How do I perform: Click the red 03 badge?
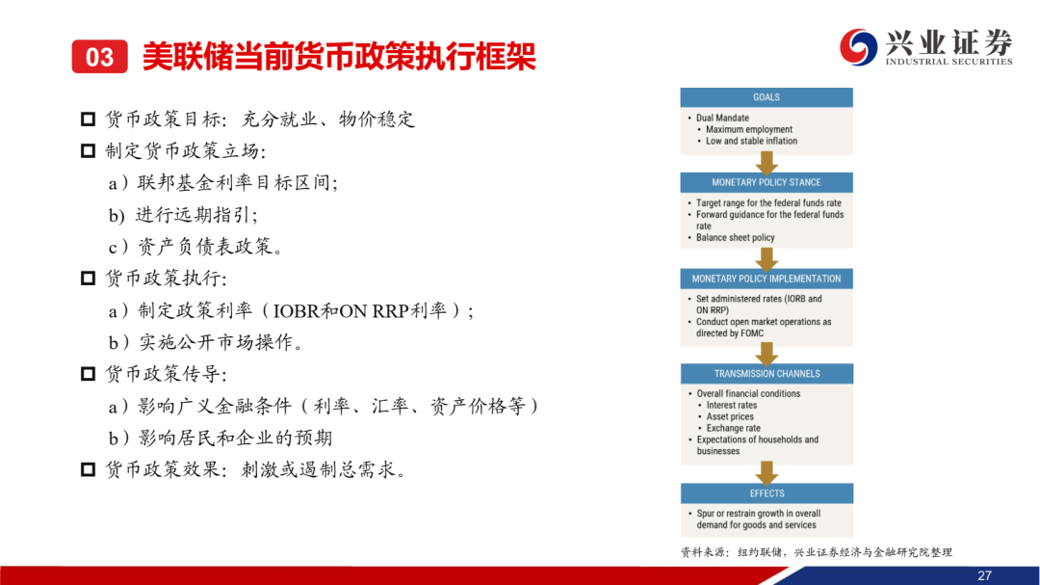tap(99, 57)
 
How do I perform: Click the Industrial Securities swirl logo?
tap(858, 47)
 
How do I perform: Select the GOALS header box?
tap(767, 97)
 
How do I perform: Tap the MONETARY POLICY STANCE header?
tap(767, 182)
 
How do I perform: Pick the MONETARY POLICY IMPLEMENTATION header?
tap(767, 279)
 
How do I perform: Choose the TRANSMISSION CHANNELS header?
tap(767, 374)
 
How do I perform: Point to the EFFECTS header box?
tap(767, 493)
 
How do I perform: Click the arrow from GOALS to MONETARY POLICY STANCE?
tap(767, 163)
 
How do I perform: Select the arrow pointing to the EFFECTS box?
tap(767, 473)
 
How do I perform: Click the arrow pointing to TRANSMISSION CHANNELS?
tap(767, 354)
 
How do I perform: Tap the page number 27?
tap(984, 575)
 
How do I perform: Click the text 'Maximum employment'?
tap(749, 129)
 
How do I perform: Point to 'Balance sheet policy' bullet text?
tap(735, 238)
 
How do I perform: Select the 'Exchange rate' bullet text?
tap(733, 428)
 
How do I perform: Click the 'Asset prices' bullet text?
tap(730, 417)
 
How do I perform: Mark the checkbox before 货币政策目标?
tap(88, 120)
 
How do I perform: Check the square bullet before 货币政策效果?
tap(88, 470)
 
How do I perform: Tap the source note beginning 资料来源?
tap(817, 552)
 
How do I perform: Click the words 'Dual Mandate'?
tap(722, 119)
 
